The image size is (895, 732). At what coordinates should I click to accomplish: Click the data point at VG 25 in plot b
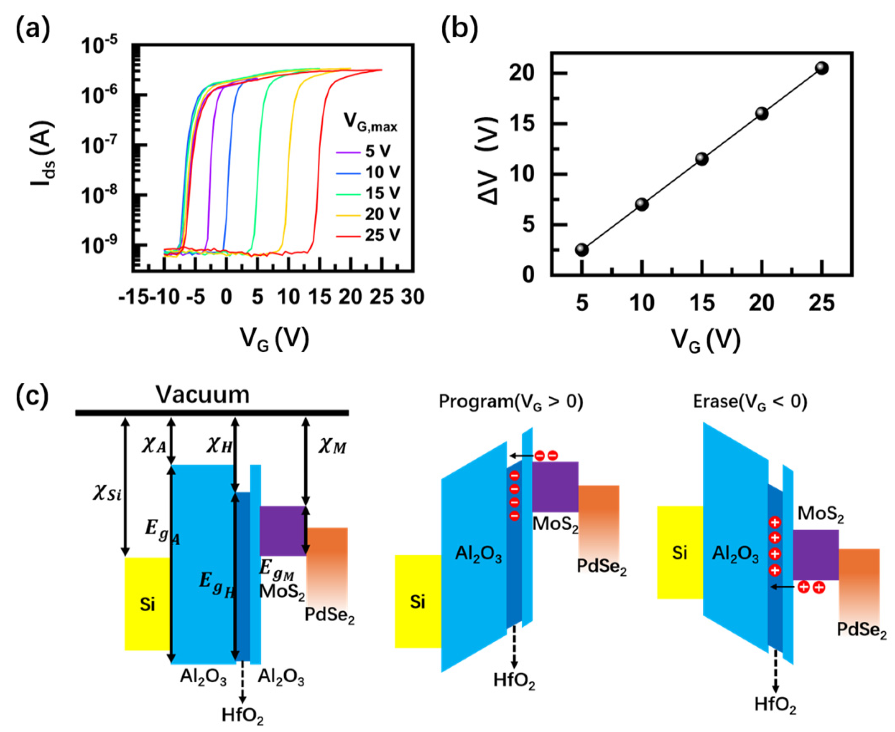click(x=821, y=68)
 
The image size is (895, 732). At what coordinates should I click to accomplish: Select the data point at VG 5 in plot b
click(x=581, y=249)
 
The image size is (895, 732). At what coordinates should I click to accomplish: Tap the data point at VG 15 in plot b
click(x=702, y=159)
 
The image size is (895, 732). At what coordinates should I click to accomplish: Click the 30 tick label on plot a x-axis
click(x=413, y=297)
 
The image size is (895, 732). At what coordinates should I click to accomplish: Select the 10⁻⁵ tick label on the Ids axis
click(x=99, y=46)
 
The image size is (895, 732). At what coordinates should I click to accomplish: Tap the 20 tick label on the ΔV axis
click(x=522, y=74)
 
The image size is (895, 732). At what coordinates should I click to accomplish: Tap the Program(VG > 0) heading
click(x=511, y=402)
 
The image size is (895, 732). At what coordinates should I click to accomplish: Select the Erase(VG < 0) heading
click(x=750, y=402)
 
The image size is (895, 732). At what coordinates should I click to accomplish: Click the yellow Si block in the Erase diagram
click(x=680, y=552)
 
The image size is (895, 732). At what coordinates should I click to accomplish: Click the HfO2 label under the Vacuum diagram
click(x=243, y=715)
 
